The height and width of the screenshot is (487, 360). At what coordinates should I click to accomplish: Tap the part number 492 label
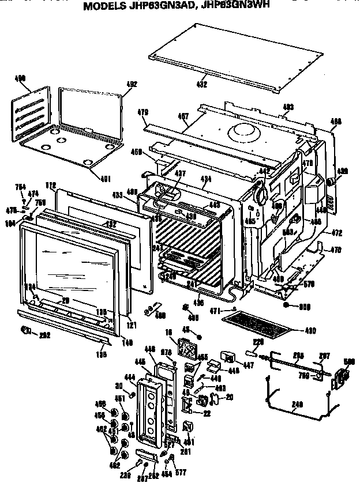[131, 84]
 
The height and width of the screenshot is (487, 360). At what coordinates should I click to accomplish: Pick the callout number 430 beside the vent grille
[310, 330]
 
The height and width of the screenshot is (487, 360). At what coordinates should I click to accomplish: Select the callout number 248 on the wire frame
[298, 404]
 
